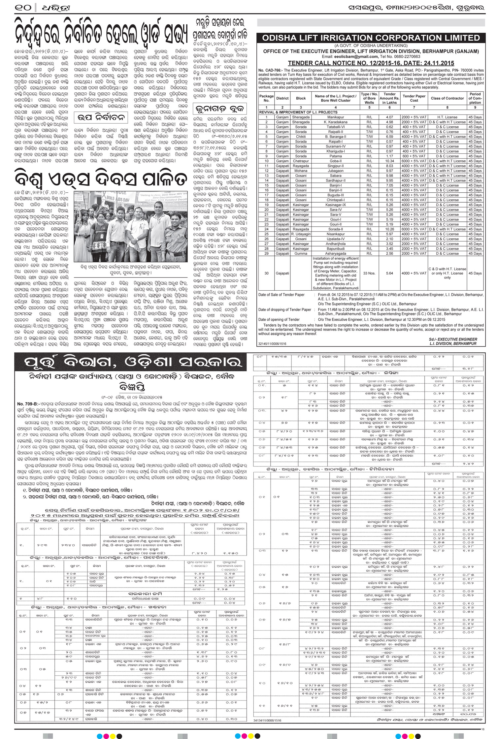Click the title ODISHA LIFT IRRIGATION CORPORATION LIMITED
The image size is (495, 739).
point(371,38)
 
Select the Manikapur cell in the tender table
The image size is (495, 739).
point(335,117)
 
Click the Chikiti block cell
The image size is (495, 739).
point(301,137)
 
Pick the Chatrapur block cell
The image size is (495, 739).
point(301,161)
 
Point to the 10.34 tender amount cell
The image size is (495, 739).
point(389,161)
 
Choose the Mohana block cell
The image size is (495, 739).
point(301,171)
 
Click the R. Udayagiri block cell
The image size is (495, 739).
point(301,234)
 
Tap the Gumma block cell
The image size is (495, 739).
point(301,254)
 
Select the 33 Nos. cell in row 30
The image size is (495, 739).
point(369,273)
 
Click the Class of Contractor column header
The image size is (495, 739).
point(447,98)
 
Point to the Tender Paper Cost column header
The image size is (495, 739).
point(414,98)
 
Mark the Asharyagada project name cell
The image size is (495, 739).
point(335,254)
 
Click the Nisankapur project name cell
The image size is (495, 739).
point(335,234)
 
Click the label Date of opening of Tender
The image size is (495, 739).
point(279,319)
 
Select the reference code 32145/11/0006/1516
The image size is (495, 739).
point(272,344)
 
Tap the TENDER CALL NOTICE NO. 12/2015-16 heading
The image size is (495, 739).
point(371,63)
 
